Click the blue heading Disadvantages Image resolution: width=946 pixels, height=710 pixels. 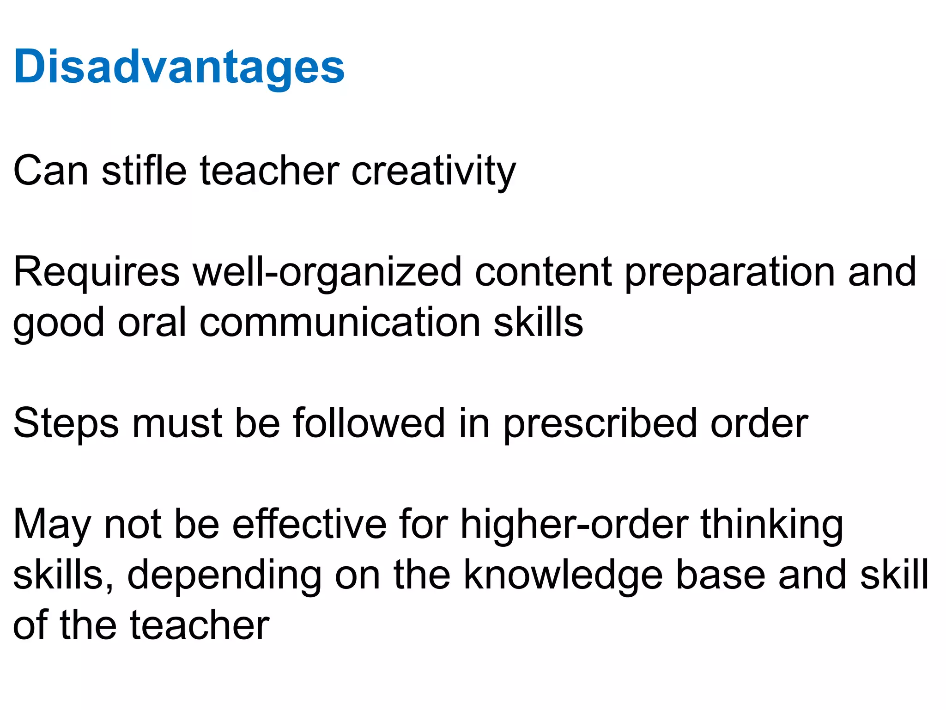point(179,67)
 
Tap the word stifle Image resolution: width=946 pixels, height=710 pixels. point(144,171)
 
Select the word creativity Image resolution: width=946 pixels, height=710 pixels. point(433,171)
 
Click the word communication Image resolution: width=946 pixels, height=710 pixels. point(340,322)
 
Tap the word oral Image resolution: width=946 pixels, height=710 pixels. point(152,322)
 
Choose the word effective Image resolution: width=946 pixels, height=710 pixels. point(309,524)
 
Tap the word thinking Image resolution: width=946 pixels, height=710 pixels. point(772,525)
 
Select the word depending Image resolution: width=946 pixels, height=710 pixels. point(224,576)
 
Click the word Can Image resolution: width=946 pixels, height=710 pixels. point(51,171)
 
